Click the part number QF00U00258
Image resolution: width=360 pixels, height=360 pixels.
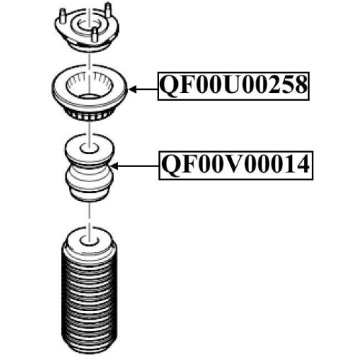coord(233,86)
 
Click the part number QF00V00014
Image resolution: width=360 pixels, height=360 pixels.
coord(235,165)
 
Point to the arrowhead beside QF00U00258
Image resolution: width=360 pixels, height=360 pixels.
coord(132,89)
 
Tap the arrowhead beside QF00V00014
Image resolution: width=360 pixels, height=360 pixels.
coord(114,166)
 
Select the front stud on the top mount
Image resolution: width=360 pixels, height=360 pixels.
coord(95,35)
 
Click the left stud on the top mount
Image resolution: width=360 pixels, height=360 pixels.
coord(63,17)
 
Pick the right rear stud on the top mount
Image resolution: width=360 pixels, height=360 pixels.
coord(109,11)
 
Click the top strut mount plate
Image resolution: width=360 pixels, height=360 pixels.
coord(86,30)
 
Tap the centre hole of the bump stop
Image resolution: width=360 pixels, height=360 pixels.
coord(89,148)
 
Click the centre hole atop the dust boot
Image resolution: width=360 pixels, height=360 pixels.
coord(89,241)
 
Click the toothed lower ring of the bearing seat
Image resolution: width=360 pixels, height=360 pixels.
coord(89,114)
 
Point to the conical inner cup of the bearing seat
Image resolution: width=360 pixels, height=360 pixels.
coord(89,84)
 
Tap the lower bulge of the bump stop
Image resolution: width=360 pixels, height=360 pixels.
coord(89,182)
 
